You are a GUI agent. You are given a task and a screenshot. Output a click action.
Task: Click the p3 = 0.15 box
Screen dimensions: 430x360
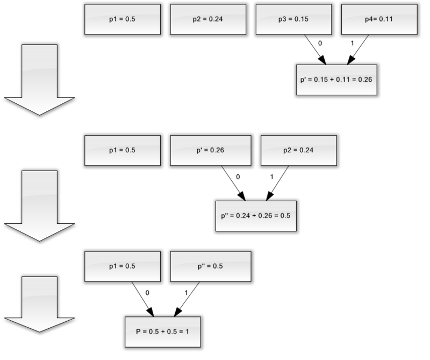pyautogui.click(x=293, y=19)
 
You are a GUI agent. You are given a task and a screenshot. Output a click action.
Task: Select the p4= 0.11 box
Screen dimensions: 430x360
pyautogui.click(x=379, y=19)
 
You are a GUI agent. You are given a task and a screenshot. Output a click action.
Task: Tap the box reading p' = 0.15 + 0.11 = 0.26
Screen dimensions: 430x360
pyautogui.click(x=336, y=80)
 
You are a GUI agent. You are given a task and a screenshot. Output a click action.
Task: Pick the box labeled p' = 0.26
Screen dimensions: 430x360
pyautogui.click(x=211, y=150)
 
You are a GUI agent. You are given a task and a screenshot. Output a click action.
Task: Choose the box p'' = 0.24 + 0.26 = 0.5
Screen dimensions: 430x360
pyautogui.click(x=256, y=216)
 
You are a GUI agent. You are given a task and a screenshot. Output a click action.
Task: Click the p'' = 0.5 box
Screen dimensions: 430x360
pyautogui.click(x=211, y=266)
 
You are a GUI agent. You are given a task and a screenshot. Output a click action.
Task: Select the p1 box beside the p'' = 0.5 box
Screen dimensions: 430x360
pyautogui.click(x=123, y=266)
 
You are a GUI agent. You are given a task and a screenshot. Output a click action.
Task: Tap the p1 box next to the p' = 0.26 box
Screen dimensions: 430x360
pyautogui.click(x=123, y=150)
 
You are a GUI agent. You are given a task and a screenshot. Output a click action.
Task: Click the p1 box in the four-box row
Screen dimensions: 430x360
pyautogui.click(x=123, y=19)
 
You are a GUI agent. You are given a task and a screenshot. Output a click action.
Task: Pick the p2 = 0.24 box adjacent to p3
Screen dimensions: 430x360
pyautogui.click(x=208, y=19)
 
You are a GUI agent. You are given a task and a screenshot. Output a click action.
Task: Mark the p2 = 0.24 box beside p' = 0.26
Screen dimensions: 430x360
pyautogui.click(x=299, y=150)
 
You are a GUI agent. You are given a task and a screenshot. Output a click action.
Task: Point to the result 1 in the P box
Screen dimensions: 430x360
pyautogui.click(x=187, y=331)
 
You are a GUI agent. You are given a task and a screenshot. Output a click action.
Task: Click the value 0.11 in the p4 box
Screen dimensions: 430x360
pyautogui.click(x=387, y=19)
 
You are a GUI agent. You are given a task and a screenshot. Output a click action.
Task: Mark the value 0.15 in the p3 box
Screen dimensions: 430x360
pyautogui.click(x=302, y=19)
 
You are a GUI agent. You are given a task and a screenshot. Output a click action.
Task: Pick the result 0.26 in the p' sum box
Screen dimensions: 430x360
pyautogui.click(x=365, y=80)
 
